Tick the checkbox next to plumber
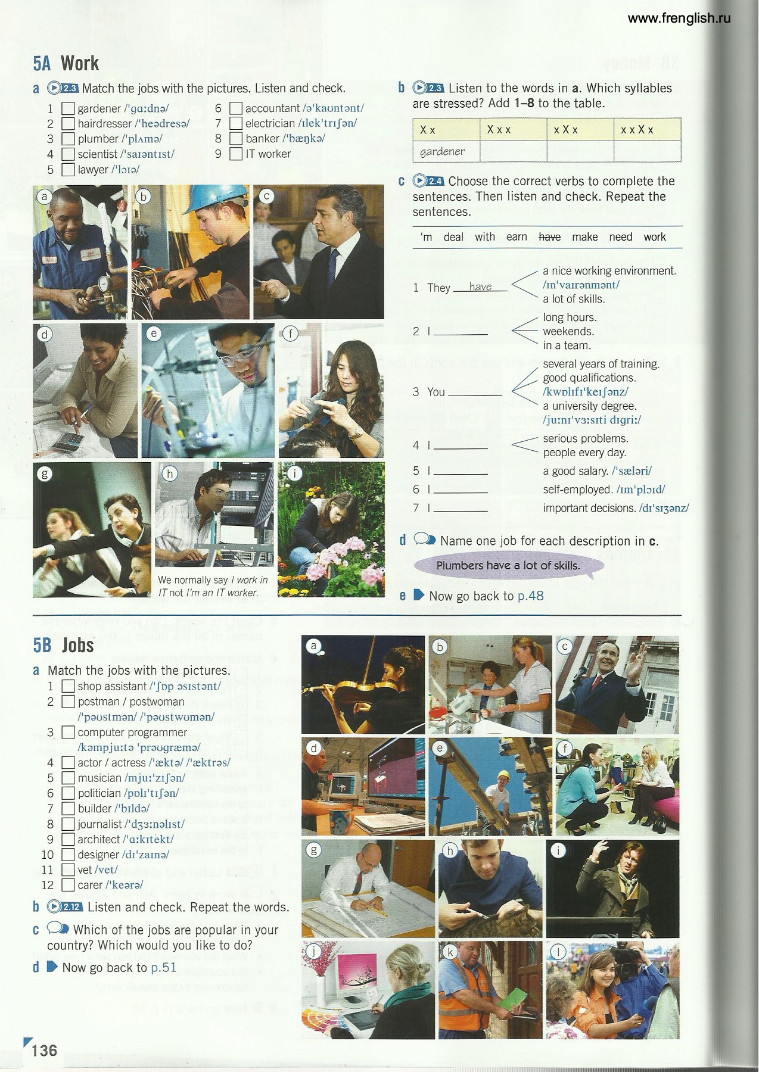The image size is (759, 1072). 68,139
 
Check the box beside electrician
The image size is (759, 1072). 236,123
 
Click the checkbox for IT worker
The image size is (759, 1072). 236,154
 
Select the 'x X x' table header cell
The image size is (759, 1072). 580,129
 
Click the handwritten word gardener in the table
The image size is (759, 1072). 442,151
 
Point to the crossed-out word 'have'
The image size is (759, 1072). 549,237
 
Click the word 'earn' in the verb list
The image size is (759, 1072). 517,237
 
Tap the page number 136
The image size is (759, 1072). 45,1049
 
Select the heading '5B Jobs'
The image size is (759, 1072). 64,645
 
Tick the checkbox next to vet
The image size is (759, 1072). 68,870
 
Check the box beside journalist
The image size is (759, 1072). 68,824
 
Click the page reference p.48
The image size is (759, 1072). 530,596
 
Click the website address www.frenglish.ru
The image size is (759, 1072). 679,18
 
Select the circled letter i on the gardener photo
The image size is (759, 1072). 294,474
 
